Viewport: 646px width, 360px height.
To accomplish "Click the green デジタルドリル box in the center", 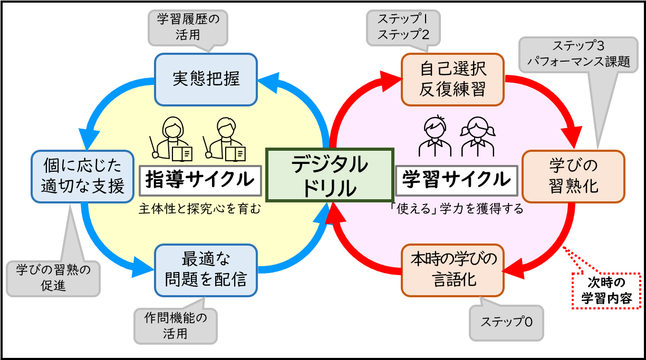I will pyautogui.click(x=330, y=175).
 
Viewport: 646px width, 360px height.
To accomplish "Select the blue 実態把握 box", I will pyautogui.click(x=206, y=79).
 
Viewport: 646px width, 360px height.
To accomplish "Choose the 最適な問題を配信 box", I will pyautogui.click(x=206, y=270).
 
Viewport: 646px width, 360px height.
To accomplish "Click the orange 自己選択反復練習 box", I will pyautogui.click(x=452, y=79).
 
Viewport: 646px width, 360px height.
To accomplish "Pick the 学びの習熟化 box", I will pyautogui.click(x=573, y=177).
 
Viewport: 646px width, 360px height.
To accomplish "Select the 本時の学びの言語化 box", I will pyautogui.click(x=452, y=270).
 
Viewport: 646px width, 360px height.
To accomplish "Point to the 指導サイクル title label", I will pyautogui.click(x=200, y=180).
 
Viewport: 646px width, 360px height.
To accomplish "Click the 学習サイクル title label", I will pyautogui.click(x=456, y=180).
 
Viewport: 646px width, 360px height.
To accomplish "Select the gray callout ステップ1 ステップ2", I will pyautogui.click(x=403, y=27).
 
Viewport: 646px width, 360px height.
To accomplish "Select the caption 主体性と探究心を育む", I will pyautogui.click(x=200, y=209).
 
